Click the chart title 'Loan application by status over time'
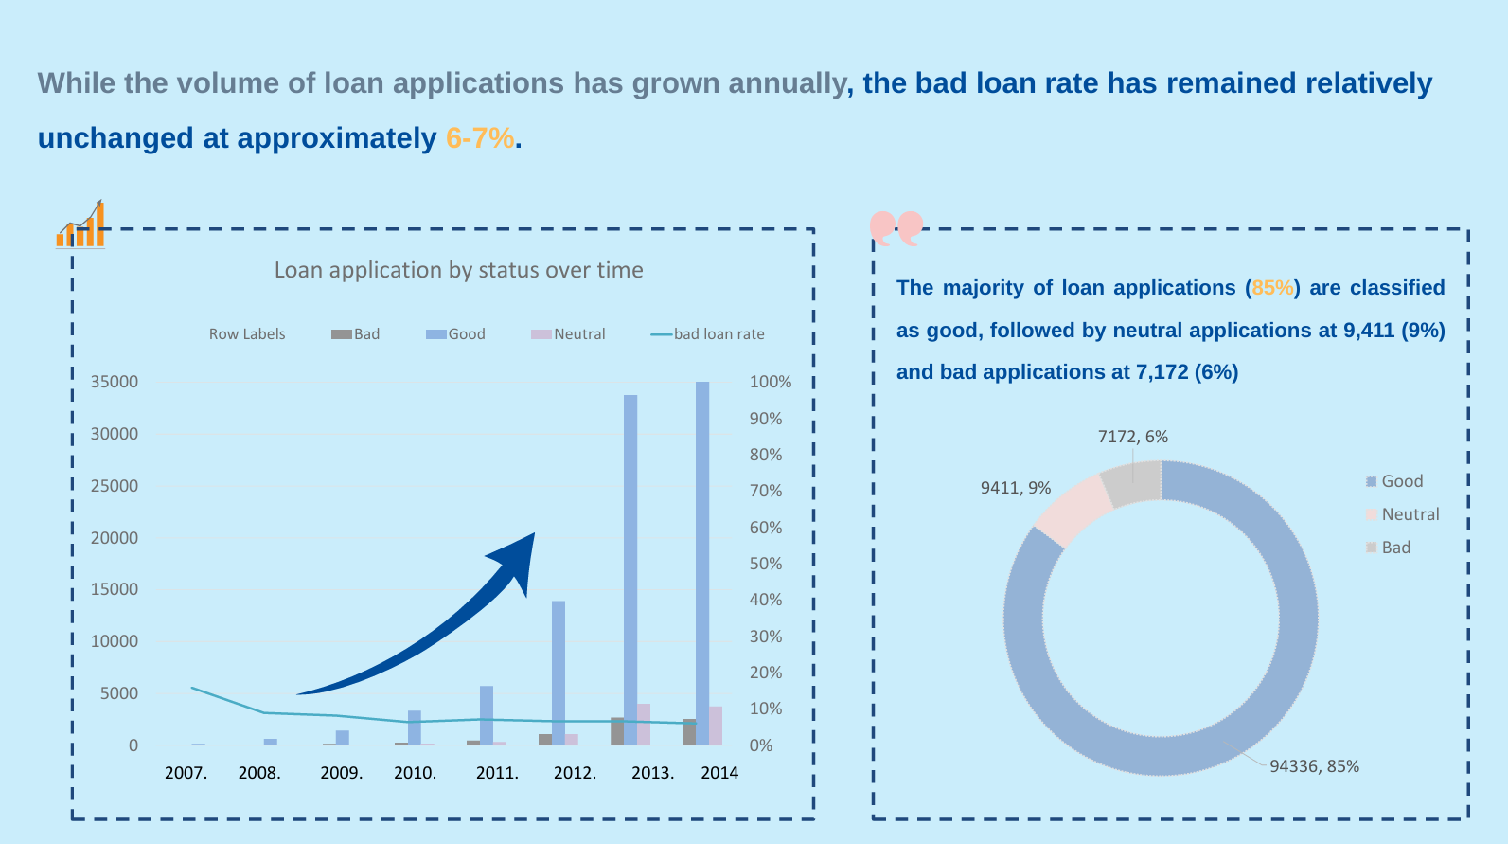pos(458,270)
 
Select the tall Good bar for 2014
pos(702,563)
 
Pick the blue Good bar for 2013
pos(630,568)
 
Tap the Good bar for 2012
pos(559,673)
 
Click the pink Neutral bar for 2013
pos(644,725)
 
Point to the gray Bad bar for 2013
pos(617,731)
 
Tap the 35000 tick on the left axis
pos(115,382)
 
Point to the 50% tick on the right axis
pos(766,564)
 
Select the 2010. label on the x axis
pos(415,773)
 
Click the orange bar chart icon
pos(81,225)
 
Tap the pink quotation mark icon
pos(896,227)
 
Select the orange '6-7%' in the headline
pos(480,138)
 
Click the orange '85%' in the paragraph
pos(1272,288)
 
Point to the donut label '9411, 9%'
pos(1015,488)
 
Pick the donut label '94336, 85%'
pos(1314,766)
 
